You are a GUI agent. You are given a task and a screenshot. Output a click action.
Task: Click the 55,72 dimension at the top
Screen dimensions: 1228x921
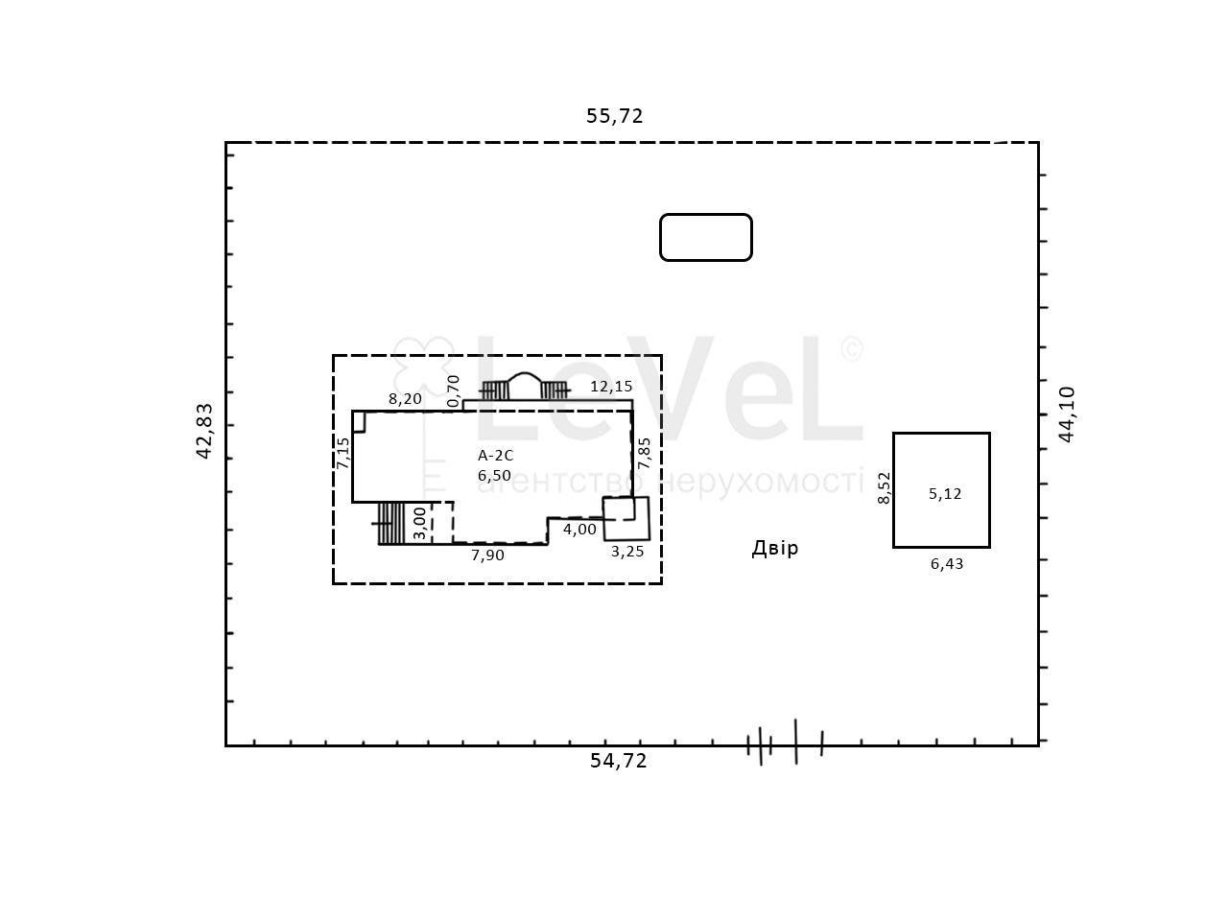[614, 116]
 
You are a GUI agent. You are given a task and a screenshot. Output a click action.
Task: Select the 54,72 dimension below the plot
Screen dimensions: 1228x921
[618, 761]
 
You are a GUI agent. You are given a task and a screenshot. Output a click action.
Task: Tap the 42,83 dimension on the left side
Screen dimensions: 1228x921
[204, 431]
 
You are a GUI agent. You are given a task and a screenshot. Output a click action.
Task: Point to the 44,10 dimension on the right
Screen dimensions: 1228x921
[1066, 414]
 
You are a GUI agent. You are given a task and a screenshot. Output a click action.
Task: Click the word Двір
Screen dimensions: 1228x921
[775, 548]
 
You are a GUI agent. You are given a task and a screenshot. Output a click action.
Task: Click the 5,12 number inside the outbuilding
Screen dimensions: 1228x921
[945, 494]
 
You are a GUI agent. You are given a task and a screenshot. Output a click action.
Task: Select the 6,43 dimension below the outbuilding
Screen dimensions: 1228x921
[947, 564]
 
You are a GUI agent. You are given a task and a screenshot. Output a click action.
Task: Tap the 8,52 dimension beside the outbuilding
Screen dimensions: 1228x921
[884, 488]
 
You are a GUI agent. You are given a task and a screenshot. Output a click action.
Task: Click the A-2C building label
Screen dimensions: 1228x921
[495, 456]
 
